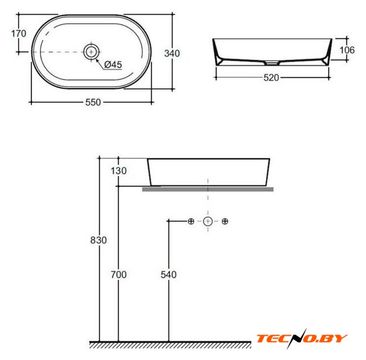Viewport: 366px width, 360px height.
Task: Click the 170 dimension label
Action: click(19, 34)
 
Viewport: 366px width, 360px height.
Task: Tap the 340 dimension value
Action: click(172, 53)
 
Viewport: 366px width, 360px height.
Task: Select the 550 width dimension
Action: click(93, 102)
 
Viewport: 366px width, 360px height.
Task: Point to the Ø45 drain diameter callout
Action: click(113, 65)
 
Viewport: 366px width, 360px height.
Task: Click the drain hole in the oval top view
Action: click(91, 52)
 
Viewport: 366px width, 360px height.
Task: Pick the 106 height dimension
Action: click(347, 50)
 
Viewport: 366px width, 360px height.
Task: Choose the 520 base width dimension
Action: click(271, 78)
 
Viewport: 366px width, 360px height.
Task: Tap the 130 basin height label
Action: click(119, 171)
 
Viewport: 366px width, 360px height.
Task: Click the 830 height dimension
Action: click(98, 240)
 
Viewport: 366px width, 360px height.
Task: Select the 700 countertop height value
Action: click(119, 274)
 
